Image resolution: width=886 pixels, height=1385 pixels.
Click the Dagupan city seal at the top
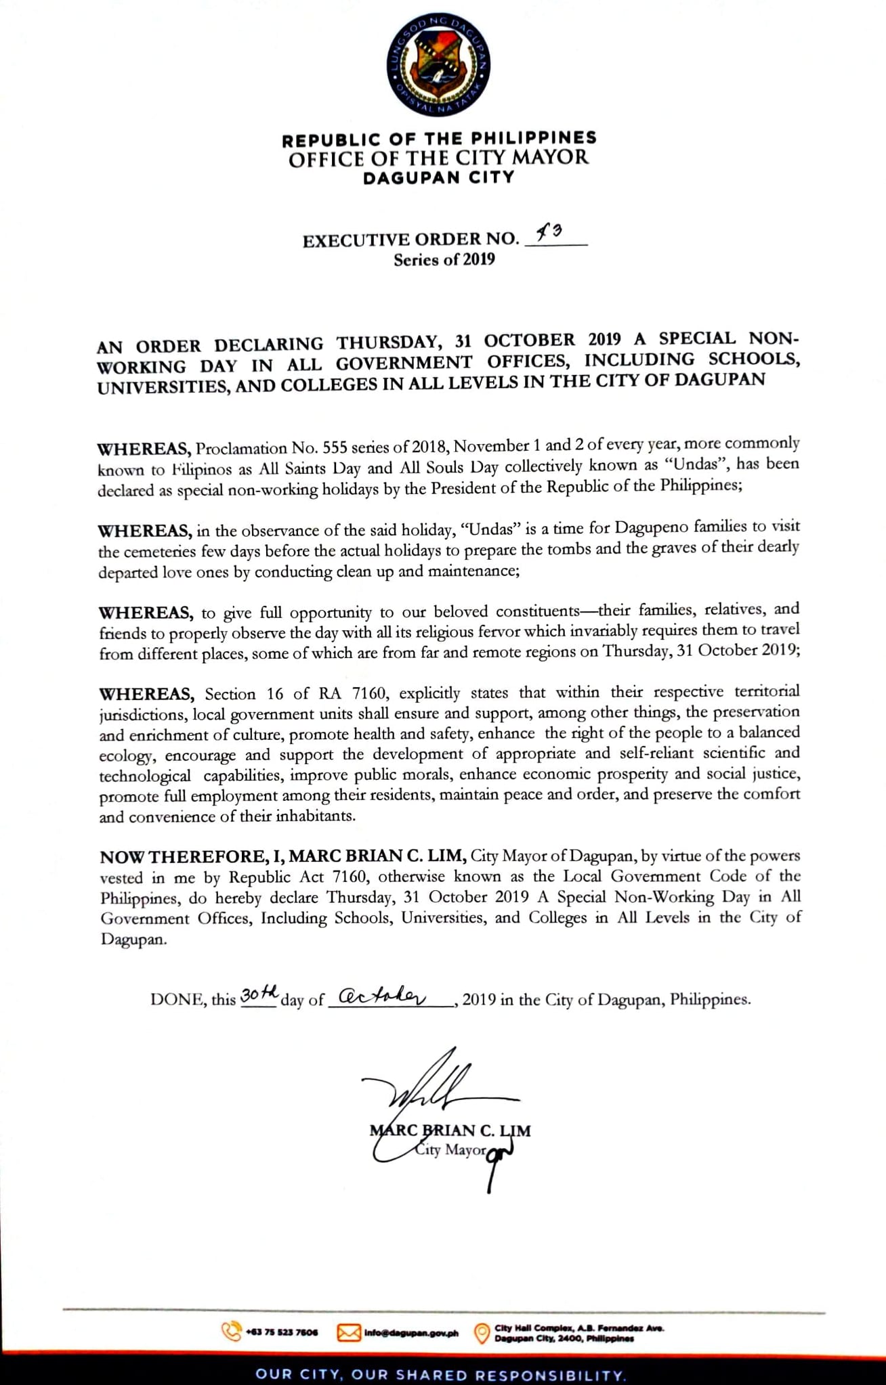click(438, 65)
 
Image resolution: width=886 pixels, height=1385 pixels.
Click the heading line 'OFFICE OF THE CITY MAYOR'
click(438, 158)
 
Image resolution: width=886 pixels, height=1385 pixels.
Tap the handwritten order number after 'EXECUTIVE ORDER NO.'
click(549, 234)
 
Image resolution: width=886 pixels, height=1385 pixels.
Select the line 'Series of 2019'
click(444, 259)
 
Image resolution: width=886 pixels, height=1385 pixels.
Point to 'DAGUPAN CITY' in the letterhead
click(438, 178)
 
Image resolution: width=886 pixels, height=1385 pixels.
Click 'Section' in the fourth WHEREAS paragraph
click(230, 694)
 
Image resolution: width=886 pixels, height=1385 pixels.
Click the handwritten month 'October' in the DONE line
click(382, 997)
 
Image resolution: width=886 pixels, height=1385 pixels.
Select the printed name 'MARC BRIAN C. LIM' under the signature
click(450, 1130)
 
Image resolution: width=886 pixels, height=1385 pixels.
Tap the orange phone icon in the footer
click(231, 1332)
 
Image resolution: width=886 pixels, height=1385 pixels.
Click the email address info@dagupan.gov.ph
click(410, 1333)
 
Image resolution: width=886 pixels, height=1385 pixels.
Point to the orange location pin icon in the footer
click(481, 1333)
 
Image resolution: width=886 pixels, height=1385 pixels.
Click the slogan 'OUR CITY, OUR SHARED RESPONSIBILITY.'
click(441, 1375)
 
